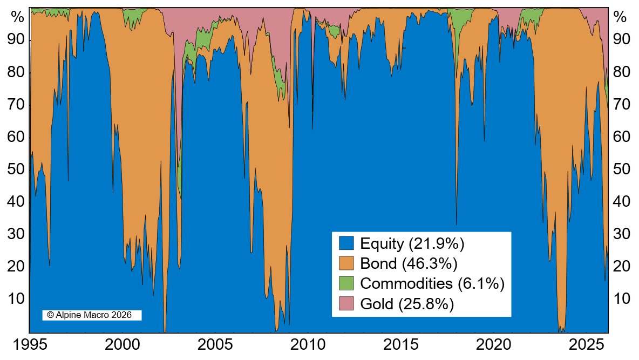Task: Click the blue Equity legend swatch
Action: pyautogui.click(x=346, y=243)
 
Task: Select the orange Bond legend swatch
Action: pyautogui.click(x=346, y=263)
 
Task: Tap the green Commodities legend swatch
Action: pyautogui.click(x=346, y=283)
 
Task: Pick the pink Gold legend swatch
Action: pyautogui.click(x=346, y=303)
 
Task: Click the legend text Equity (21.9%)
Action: pyautogui.click(x=412, y=243)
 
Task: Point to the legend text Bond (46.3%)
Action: pyautogui.click(x=409, y=263)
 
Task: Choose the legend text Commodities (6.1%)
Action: pyautogui.click(x=432, y=283)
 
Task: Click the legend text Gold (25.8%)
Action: pyautogui.click(x=407, y=304)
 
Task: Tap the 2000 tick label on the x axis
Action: pyautogui.click(x=122, y=345)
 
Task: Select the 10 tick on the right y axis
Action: pyautogui.click(x=621, y=298)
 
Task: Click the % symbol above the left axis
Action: pyautogui.click(x=18, y=17)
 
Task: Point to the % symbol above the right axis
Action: pyautogui.click(x=621, y=17)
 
